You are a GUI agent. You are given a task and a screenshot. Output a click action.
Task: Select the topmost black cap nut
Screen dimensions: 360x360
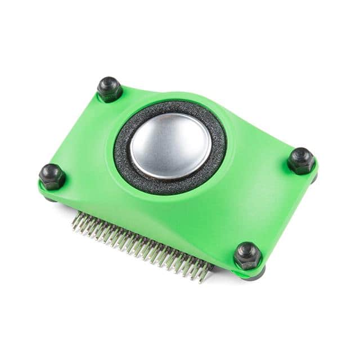coord(110,89)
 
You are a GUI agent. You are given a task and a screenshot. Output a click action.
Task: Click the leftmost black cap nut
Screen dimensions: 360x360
coord(52,176)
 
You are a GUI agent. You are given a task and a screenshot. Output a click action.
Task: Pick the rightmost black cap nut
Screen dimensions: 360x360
coord(301,161)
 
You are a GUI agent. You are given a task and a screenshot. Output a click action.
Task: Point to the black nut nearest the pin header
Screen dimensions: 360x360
coord(247,256)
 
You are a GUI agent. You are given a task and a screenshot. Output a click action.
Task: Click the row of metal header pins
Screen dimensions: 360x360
coord(141,242)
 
